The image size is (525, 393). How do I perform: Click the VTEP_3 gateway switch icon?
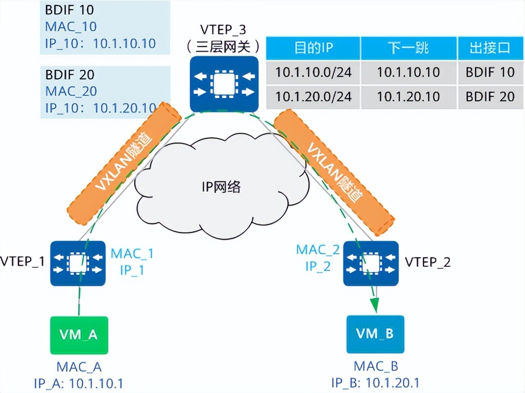click(x=224, y=83)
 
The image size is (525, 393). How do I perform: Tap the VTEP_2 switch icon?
click(x=370, y=263)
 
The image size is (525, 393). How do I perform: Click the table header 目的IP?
click(x=313, y=48)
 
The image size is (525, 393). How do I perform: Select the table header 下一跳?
click(x=408, y=48)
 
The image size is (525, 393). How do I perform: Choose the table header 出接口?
click(x=489, y=48)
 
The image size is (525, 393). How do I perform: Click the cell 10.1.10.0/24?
click(x=313, y=72)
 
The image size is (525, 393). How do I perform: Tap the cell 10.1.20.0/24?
click(x=313, y=96)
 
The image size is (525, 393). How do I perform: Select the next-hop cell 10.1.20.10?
click(x=408, y=96)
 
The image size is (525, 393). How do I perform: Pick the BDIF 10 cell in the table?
click(x=489, y=72)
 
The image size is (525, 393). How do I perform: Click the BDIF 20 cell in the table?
click(x=489, y=96)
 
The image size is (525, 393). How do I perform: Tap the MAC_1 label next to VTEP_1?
click(x=132, y=254)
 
